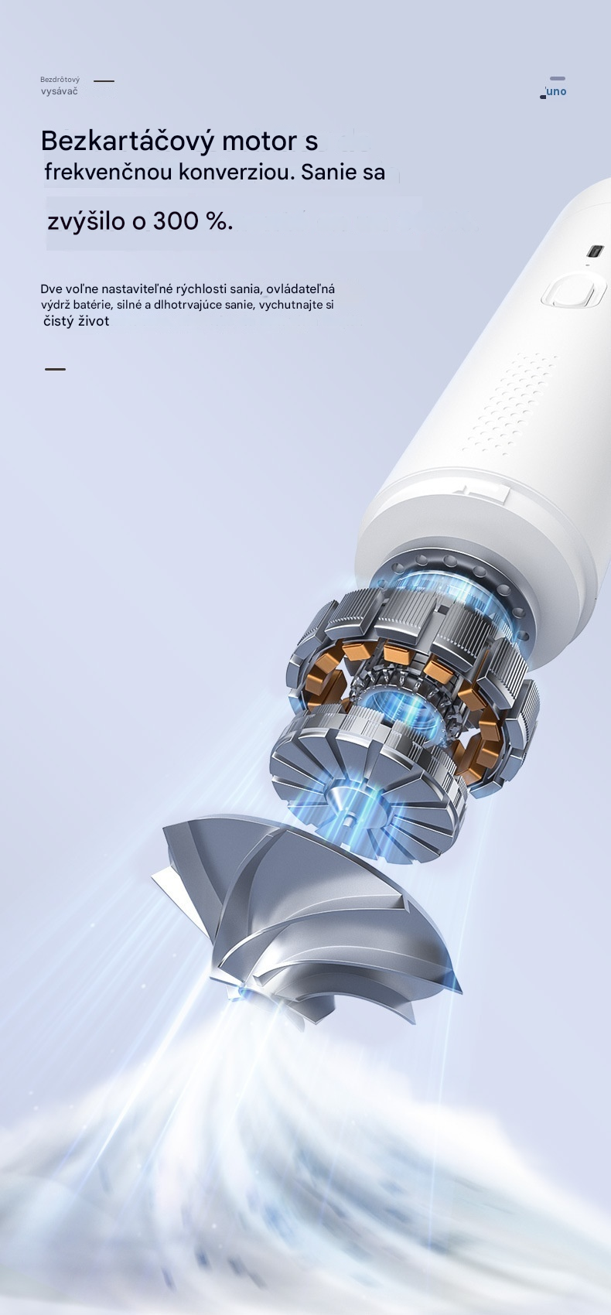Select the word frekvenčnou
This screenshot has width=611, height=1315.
click(x=108, y=172)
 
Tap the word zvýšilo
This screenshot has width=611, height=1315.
click(x=87, y=222)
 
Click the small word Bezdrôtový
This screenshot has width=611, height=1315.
click(x=60, y=79)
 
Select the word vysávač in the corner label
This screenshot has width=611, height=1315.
click(x=60, y=91)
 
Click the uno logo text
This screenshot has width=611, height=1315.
click(x=555, y=91)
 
